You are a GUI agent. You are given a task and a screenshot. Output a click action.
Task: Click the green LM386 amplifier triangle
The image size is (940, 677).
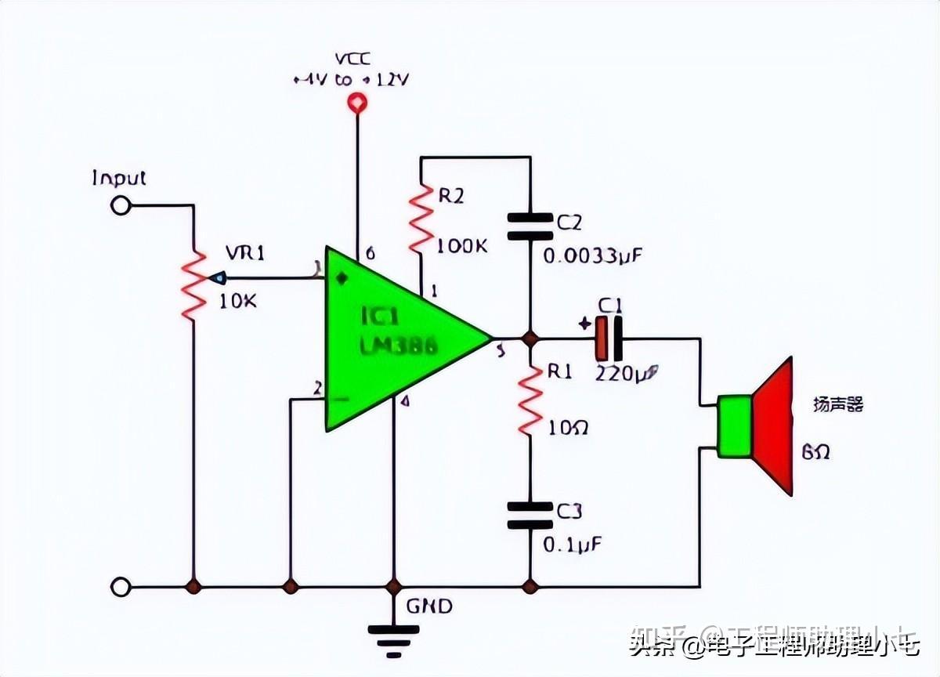click(392, 338)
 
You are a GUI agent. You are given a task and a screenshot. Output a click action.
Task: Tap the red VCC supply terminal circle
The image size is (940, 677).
click(357, 102)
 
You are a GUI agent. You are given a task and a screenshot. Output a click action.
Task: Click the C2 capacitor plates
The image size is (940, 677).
click(530, 226)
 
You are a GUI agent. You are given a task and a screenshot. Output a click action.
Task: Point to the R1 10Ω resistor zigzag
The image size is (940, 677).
click(530, 400)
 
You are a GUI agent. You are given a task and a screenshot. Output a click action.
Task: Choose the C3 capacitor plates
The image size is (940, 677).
click(530, 516)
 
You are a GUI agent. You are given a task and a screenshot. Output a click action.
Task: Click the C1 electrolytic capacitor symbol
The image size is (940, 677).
click(609, 338)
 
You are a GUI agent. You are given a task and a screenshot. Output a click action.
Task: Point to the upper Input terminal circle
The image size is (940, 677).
click(120, 205)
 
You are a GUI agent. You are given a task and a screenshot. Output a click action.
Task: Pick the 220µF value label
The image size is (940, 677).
click(627, 374)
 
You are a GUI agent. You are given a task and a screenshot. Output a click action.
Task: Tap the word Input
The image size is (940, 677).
click(119, 178)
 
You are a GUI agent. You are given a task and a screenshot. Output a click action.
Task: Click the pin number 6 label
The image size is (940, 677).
click(370, 253)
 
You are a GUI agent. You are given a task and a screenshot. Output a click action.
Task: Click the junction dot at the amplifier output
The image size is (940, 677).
click(530, 338)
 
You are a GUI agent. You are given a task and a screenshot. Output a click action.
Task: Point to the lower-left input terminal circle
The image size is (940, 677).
click(120, 586)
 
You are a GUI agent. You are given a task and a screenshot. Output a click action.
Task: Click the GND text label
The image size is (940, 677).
click(428, 606)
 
